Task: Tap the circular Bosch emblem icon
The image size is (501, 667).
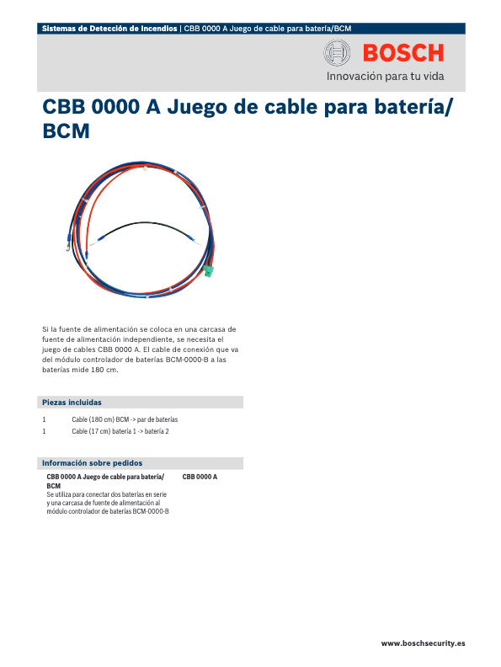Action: (337, 55)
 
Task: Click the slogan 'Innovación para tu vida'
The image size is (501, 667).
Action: (384, 78)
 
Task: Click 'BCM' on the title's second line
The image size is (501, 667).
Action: (66, 132)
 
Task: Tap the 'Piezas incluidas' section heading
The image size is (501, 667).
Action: (72, 403)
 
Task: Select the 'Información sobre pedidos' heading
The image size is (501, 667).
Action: (93, 463)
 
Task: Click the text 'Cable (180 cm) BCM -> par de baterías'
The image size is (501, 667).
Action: (125, 419)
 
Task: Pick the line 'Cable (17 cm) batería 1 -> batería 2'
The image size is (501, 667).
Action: (120, 431)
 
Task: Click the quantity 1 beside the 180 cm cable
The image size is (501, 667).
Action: (44, 419)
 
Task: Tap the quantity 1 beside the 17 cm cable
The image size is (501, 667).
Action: (44, 431)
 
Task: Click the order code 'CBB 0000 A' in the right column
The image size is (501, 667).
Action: (200, 478)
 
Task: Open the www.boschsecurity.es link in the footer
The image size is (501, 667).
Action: (423, 643)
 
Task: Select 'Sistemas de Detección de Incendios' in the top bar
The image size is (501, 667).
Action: (109, 29)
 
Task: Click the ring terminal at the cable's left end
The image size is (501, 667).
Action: (64, 247)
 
